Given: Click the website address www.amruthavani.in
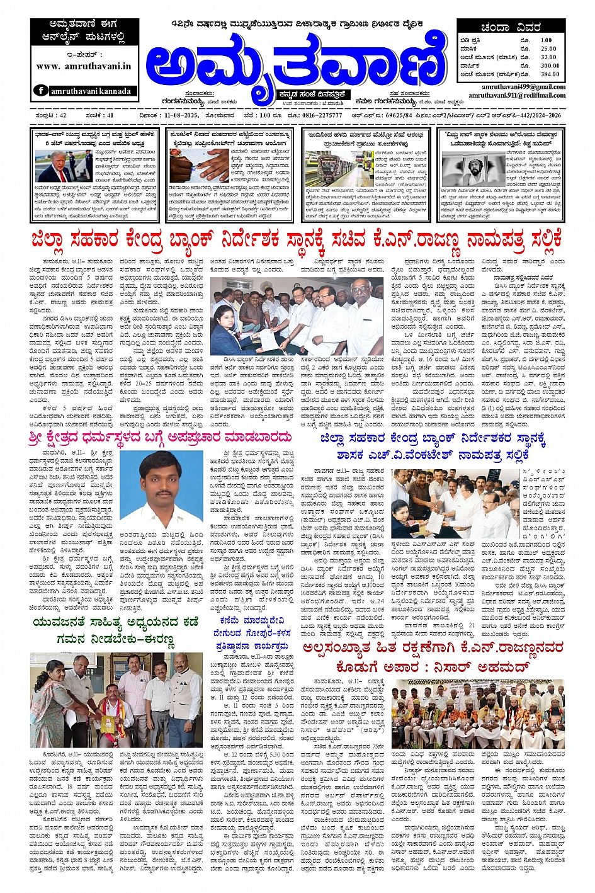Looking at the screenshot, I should coord(84,65).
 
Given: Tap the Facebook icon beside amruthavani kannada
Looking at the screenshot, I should coord(42,90).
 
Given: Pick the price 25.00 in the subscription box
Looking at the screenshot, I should coord(548,48).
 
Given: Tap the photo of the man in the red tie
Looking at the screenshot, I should coord(55,166).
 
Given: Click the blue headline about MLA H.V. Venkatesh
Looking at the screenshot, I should coord(433,446).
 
